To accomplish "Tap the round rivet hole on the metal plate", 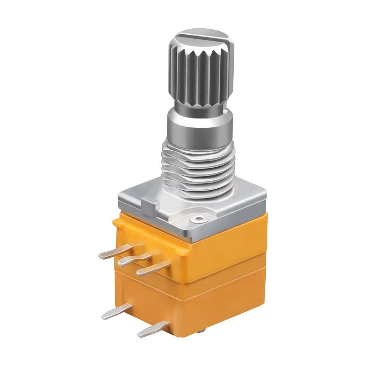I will tap(198, 219).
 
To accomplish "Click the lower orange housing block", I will tap(225, 301).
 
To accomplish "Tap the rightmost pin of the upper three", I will tap(151, 268).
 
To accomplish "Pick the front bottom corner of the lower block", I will tap(179, 335).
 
